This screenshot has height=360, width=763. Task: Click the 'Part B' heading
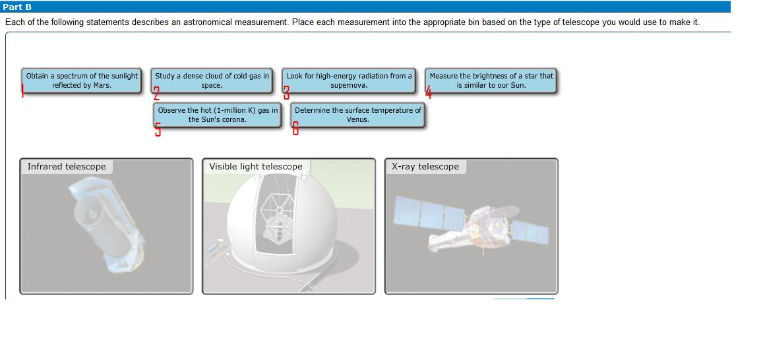click(17, 7)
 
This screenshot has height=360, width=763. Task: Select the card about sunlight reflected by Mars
click(82, 80)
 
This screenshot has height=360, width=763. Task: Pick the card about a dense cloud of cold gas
click(212, 80)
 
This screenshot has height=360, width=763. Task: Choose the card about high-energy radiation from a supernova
click(349, 80)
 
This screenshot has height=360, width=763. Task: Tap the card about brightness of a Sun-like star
click(491, 80)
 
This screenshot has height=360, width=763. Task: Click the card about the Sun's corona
click(217, 115)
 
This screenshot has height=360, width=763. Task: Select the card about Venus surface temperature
click(357, 115)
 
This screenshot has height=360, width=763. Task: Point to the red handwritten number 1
click(22, 91)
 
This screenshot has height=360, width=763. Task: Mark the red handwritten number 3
click(286, 93)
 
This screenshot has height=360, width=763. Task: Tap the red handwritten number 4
click(429, 92)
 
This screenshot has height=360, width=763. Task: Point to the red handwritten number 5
click(158, 129)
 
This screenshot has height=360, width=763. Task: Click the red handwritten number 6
click(295, 128)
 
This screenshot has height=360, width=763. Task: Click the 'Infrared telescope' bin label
click(66, 167)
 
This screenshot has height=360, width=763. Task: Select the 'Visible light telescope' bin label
click(255, 167)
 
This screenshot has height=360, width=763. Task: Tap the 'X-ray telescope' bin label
click(425, 167)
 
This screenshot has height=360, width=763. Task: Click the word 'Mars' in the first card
click(102, 85)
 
